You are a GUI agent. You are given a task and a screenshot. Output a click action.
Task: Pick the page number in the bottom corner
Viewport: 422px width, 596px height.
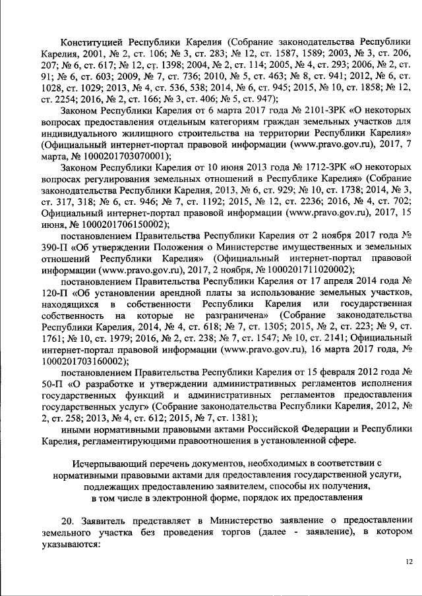coord(409,561)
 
